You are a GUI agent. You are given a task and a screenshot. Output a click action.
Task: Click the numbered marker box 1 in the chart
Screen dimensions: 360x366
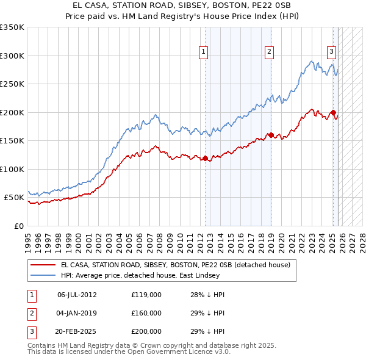click(x=203, y=52)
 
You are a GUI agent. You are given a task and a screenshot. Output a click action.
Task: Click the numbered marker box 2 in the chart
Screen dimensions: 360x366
click(x=269, y=52)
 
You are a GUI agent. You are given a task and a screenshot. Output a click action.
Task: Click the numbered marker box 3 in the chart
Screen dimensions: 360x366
click(x=331, y=52)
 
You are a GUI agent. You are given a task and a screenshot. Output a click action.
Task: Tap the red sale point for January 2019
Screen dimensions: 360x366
click(x=271, y=135)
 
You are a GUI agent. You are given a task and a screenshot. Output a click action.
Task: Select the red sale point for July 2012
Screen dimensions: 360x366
click(x=205, y=159)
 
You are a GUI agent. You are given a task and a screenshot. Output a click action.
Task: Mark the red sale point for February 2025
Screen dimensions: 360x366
click(x=333, y=112)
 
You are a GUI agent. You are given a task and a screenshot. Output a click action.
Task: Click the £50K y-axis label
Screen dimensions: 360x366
click(x=13, y=198)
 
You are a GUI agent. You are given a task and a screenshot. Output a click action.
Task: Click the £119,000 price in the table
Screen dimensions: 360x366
click(x=146, y=294)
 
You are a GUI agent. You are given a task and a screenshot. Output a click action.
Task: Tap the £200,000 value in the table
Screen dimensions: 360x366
click(x=146, y=331)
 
